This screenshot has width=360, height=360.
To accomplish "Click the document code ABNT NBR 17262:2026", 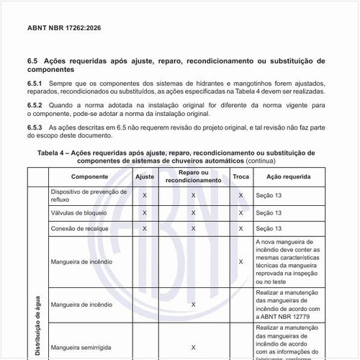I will [x=63, y=29].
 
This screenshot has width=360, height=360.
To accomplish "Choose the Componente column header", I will [x=89, y=176].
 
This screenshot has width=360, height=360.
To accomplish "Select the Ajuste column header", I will [x=145, y=176].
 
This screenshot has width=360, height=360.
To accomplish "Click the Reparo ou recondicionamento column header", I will [x=194, y=176].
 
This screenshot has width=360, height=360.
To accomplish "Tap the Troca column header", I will [x=241, y=176].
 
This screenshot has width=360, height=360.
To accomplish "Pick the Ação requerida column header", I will [x=288, y=176].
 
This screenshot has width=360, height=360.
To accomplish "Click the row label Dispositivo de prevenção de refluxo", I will [x=88, y=195].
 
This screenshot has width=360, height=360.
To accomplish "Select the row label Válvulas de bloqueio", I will [x=79, y=213].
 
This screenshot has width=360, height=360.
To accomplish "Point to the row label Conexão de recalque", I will [x=80, y=228].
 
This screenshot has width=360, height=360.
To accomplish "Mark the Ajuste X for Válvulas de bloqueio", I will [x=145, y=213].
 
